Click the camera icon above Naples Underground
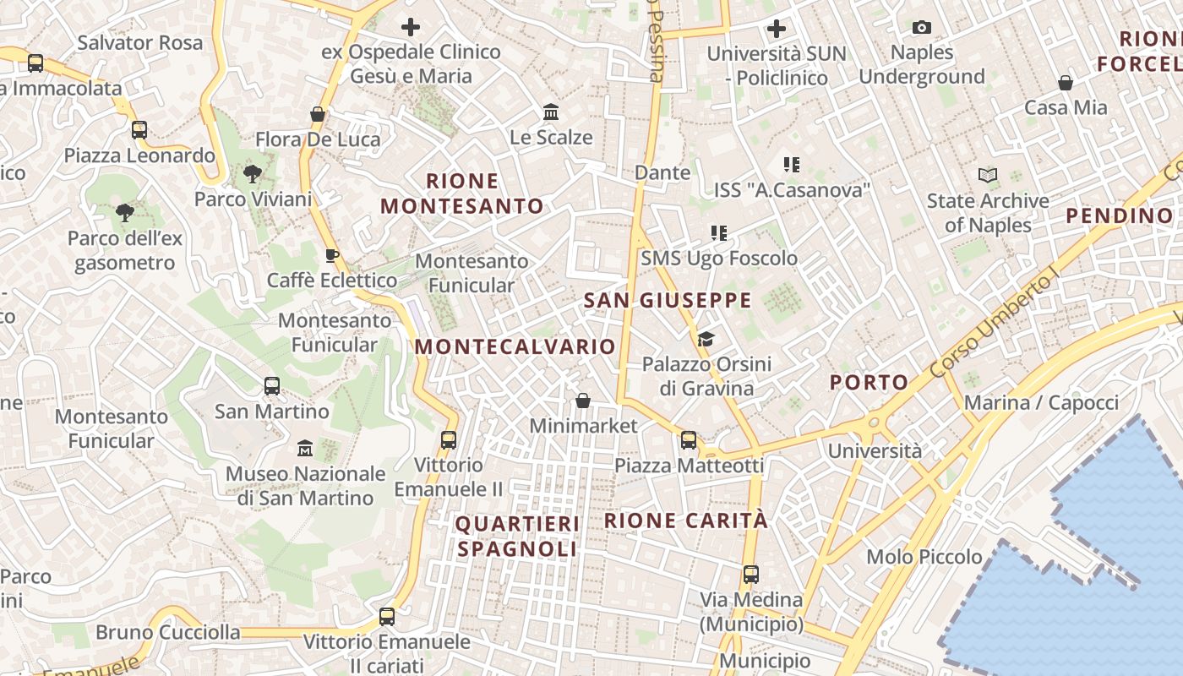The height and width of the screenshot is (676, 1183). (922, 28)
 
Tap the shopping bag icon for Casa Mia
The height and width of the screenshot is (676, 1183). (1066, 83)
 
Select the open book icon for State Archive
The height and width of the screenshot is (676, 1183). (988, 176)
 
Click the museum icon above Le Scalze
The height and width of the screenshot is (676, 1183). (551, 112)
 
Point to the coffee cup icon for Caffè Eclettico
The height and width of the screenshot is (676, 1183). (332, 255)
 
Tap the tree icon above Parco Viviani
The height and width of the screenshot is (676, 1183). (252, 175)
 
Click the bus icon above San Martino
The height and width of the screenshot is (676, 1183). (272, 386)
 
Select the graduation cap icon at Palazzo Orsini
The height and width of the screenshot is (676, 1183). (706, 340)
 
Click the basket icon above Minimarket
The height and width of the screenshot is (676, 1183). (583, 401)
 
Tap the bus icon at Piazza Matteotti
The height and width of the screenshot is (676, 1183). (689, 440)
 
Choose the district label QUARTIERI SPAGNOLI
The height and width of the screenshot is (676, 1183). (517, 537)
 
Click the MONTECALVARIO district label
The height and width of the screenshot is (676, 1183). (515, 346)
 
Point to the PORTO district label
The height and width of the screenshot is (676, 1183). (869, 382)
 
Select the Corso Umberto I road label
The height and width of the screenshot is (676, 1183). (995, 326)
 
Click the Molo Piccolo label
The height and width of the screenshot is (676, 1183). (924, 557)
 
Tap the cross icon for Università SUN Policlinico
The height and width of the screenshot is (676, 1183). (776, 29)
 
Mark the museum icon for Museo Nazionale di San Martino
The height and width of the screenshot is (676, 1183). (305, 448)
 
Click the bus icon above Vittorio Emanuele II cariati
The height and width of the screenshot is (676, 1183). (387, 617)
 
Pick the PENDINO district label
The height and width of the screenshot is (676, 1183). (1119, 215)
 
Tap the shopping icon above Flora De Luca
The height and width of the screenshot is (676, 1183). (318, 114)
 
